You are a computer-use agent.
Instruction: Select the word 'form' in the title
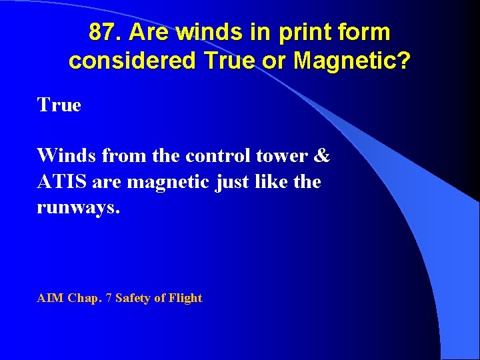click(366, 31)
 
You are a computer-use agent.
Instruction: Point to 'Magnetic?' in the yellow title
click(353, 61)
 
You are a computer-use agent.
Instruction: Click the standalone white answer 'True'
click(59, 105)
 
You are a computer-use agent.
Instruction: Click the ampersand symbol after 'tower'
click(321, 156)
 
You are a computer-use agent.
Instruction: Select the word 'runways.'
click(79, 207)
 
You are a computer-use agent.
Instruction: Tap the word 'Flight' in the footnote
click(185, 298)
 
